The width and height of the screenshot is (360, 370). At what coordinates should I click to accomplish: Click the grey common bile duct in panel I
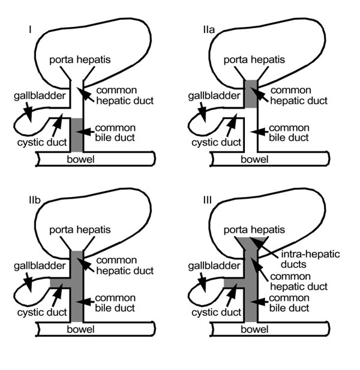(77, 135)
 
